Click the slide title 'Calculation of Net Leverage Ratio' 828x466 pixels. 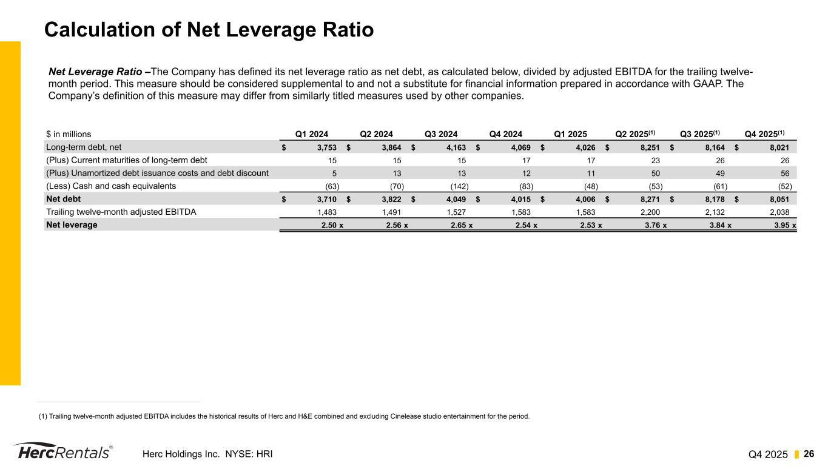coord(209,30)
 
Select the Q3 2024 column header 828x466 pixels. coord(441,134)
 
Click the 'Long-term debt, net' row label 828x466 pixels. coord(84,147)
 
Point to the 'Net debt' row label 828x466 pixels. coord(64,198)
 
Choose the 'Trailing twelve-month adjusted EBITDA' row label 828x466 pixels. coord(121,212)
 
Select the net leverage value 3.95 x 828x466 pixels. coord(785,225)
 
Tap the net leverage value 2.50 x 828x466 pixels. coord(331,225)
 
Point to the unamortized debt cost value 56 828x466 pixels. coord(784,173)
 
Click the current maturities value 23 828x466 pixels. coord(655,160)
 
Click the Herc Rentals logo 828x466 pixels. coord(62,452)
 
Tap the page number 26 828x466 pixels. coord(809,454)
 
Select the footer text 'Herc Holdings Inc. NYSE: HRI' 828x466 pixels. coord(207,454)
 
